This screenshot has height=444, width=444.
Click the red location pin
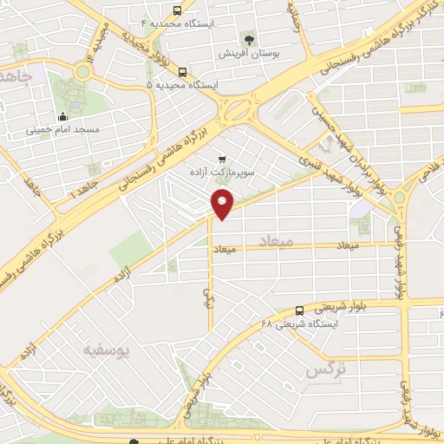click(x=223, y=204)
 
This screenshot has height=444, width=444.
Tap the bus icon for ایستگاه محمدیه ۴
click(x=178, y=11)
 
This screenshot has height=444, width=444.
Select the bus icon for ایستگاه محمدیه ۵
click(x=182, y=73)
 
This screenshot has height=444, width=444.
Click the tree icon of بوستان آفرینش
click(x=249, y=40)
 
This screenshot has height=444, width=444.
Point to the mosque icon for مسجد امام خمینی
click(x=62, y=118)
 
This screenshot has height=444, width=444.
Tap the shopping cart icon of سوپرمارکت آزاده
click(x=222, y=159)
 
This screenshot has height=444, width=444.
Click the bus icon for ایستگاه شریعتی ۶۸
click(x=299, y=310)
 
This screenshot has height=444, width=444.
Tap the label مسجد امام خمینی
click(x=62, y=131)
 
